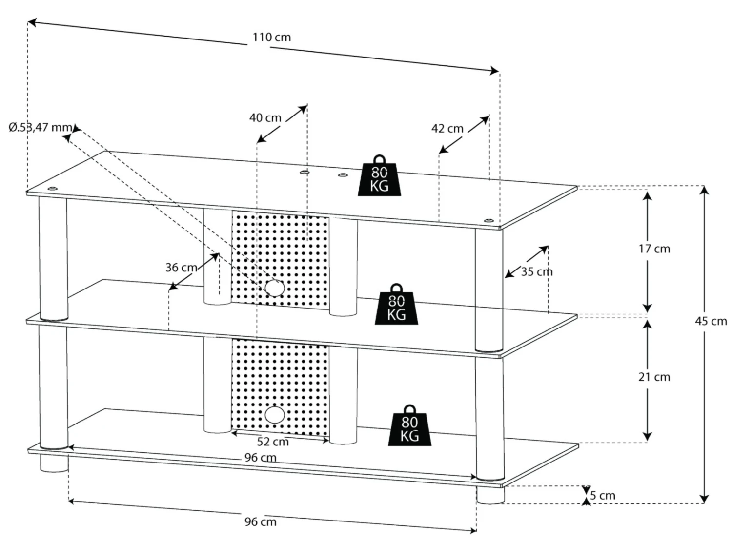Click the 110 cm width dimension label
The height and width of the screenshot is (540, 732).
point(272,37)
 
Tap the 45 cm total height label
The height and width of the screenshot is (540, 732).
point(711,321)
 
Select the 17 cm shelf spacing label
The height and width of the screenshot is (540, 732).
point(654,249)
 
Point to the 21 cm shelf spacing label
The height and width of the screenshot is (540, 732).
point(654,377)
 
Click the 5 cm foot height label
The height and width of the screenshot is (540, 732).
point(603,496)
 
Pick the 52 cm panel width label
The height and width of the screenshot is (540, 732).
point(273,442)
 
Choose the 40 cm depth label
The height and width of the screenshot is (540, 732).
point(265,117)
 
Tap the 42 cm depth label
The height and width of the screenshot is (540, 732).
point(447,128)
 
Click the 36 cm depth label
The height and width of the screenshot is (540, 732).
point(181,268)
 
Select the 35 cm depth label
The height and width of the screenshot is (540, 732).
point(537,271)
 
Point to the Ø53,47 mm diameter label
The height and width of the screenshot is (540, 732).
point(41,127)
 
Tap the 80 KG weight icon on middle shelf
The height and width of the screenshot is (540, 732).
point(396,304)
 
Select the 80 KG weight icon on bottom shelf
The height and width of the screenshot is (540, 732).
point(409,425)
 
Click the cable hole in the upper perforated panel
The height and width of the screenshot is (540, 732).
point(275,288)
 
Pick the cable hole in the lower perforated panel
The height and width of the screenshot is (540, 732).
point(275,415)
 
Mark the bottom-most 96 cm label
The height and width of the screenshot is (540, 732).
point(261,522)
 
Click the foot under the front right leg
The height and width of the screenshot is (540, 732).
point(490,496)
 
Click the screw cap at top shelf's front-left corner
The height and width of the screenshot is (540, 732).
point(52,189)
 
